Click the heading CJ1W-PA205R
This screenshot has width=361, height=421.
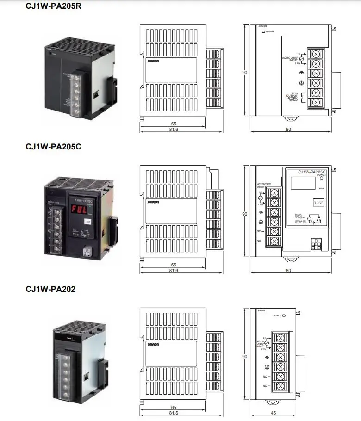point(54,6)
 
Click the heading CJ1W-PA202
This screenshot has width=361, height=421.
point(50,289)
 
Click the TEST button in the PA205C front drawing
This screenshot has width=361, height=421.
point(319,203)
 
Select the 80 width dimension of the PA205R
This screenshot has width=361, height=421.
point(288,129)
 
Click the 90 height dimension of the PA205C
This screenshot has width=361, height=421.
point(245,214)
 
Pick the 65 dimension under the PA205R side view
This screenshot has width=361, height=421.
point(174,124)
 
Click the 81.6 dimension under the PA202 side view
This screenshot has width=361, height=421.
point(174,413)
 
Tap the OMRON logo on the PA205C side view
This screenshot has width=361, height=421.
point(153,203)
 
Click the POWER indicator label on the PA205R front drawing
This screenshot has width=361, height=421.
point(269,32)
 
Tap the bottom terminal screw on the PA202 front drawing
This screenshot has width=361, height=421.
point(280,385)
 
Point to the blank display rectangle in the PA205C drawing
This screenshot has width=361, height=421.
point(303,184)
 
